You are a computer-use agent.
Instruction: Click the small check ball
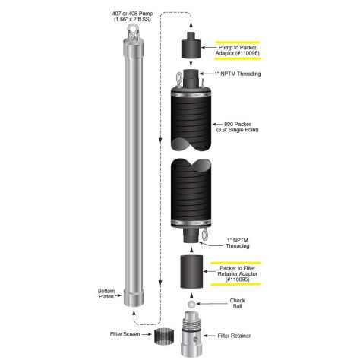click(x=190, y=302)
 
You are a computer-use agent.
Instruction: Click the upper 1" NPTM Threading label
click(x=238, y=74)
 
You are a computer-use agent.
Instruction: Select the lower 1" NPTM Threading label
click(x=235, y=246)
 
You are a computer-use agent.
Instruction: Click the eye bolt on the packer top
click(x=178, y=79)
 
